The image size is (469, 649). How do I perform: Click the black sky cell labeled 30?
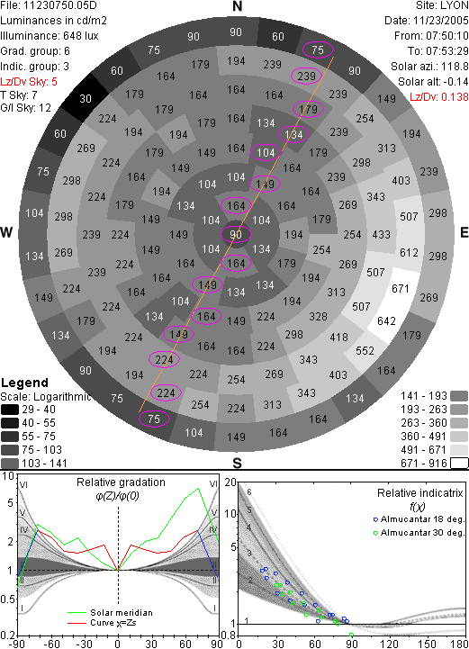(x=86, y=98)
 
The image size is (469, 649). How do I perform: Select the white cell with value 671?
(x=401, y=288)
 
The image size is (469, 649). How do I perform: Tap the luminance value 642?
(x=386, y=321)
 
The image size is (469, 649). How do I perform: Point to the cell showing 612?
(x=409, y=252)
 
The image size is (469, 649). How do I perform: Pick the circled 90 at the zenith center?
(x=236, y=234)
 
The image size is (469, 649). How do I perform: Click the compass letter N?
(x=237, y=6)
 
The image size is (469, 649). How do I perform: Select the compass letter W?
(x=6, y=232)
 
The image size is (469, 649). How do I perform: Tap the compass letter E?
(x=464, y=232)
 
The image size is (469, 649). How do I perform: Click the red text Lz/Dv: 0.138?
(x=439, y=97)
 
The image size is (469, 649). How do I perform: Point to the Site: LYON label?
(x=442, y=5)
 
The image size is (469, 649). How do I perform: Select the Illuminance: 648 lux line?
(x=50, y=36)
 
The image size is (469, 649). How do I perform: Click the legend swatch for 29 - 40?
(x=10, y=410)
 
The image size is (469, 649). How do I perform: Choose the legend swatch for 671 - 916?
(x=459, y=463)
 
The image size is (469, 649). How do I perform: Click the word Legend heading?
(x=25, y=383)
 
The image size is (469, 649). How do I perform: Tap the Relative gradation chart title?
(x=121, y=482)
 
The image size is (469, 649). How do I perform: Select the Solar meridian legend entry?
(x=110, y=613)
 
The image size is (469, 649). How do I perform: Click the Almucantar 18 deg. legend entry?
(x=419, y=519)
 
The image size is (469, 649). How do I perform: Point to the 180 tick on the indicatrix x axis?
(x=459, y=644)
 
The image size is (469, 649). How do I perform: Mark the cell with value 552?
(x=365, y=350)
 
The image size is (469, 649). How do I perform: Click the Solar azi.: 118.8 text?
(x=429, y=67)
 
